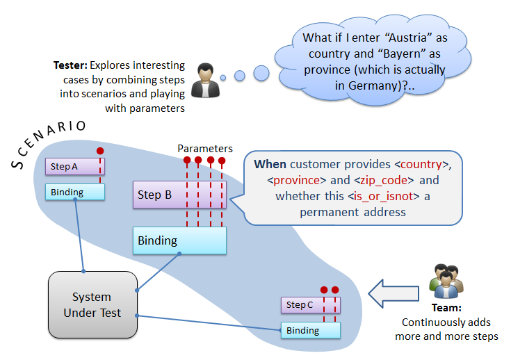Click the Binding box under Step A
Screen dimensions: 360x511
click(x=74, y=193)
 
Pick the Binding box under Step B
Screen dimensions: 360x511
click(x=179, y=240)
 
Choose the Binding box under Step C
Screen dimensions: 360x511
click(x=310, y=330)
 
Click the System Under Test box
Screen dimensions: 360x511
click(x=92, y=304)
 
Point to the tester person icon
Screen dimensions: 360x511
click(x=204, y=79)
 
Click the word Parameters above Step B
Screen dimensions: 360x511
click(x=205, y=149)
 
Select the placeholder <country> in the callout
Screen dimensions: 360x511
click(x=419, y=165)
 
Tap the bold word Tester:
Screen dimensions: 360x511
click(x=70, y=65)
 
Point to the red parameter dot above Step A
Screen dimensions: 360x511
click(x=100, y=151)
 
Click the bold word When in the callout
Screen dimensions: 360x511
click(x=270, y=165)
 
